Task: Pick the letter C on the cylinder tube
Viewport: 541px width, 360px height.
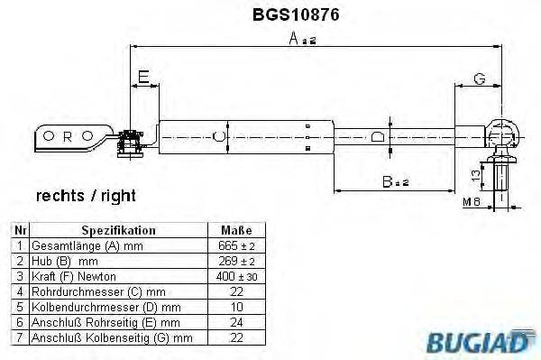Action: coord(216,137)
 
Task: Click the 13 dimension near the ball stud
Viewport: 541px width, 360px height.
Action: coord(476,171)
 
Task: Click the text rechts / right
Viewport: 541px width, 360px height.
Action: coord(86,195)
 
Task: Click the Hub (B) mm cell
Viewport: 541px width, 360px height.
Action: coord(65,261)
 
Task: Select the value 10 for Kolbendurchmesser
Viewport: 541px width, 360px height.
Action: coord(236,307)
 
